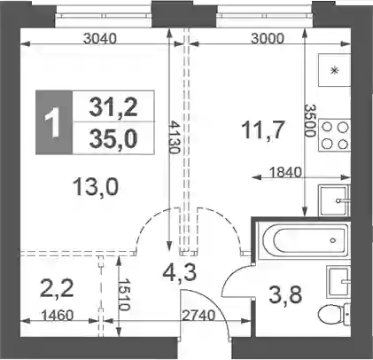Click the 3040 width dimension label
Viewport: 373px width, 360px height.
(100, 38)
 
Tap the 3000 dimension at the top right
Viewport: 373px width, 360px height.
(268, 38)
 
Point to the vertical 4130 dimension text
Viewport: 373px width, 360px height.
(175, 137)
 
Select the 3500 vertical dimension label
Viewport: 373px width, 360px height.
(309, 121)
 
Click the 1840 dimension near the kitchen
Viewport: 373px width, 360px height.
(285, 172)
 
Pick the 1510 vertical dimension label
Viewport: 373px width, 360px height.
(124, 294)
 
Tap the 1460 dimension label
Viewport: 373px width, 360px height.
(57, 316)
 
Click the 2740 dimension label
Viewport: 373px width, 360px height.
(198, 316)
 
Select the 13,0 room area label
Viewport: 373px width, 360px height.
(96, 187)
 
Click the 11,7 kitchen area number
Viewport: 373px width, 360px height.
(263, 130)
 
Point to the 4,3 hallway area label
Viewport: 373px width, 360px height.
(179, 272)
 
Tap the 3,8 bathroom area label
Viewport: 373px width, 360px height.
(285, 295)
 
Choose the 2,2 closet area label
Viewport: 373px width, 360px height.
(57, 289)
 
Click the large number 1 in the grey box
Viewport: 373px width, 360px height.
(53, 122)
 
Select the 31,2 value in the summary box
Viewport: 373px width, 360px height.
(113, 107)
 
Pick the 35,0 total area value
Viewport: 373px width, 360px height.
(113, 138)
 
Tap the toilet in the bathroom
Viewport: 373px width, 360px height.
(335, 315)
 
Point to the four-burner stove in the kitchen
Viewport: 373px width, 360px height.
(335, 136)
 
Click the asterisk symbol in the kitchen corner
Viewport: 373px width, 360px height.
(334, 71)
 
